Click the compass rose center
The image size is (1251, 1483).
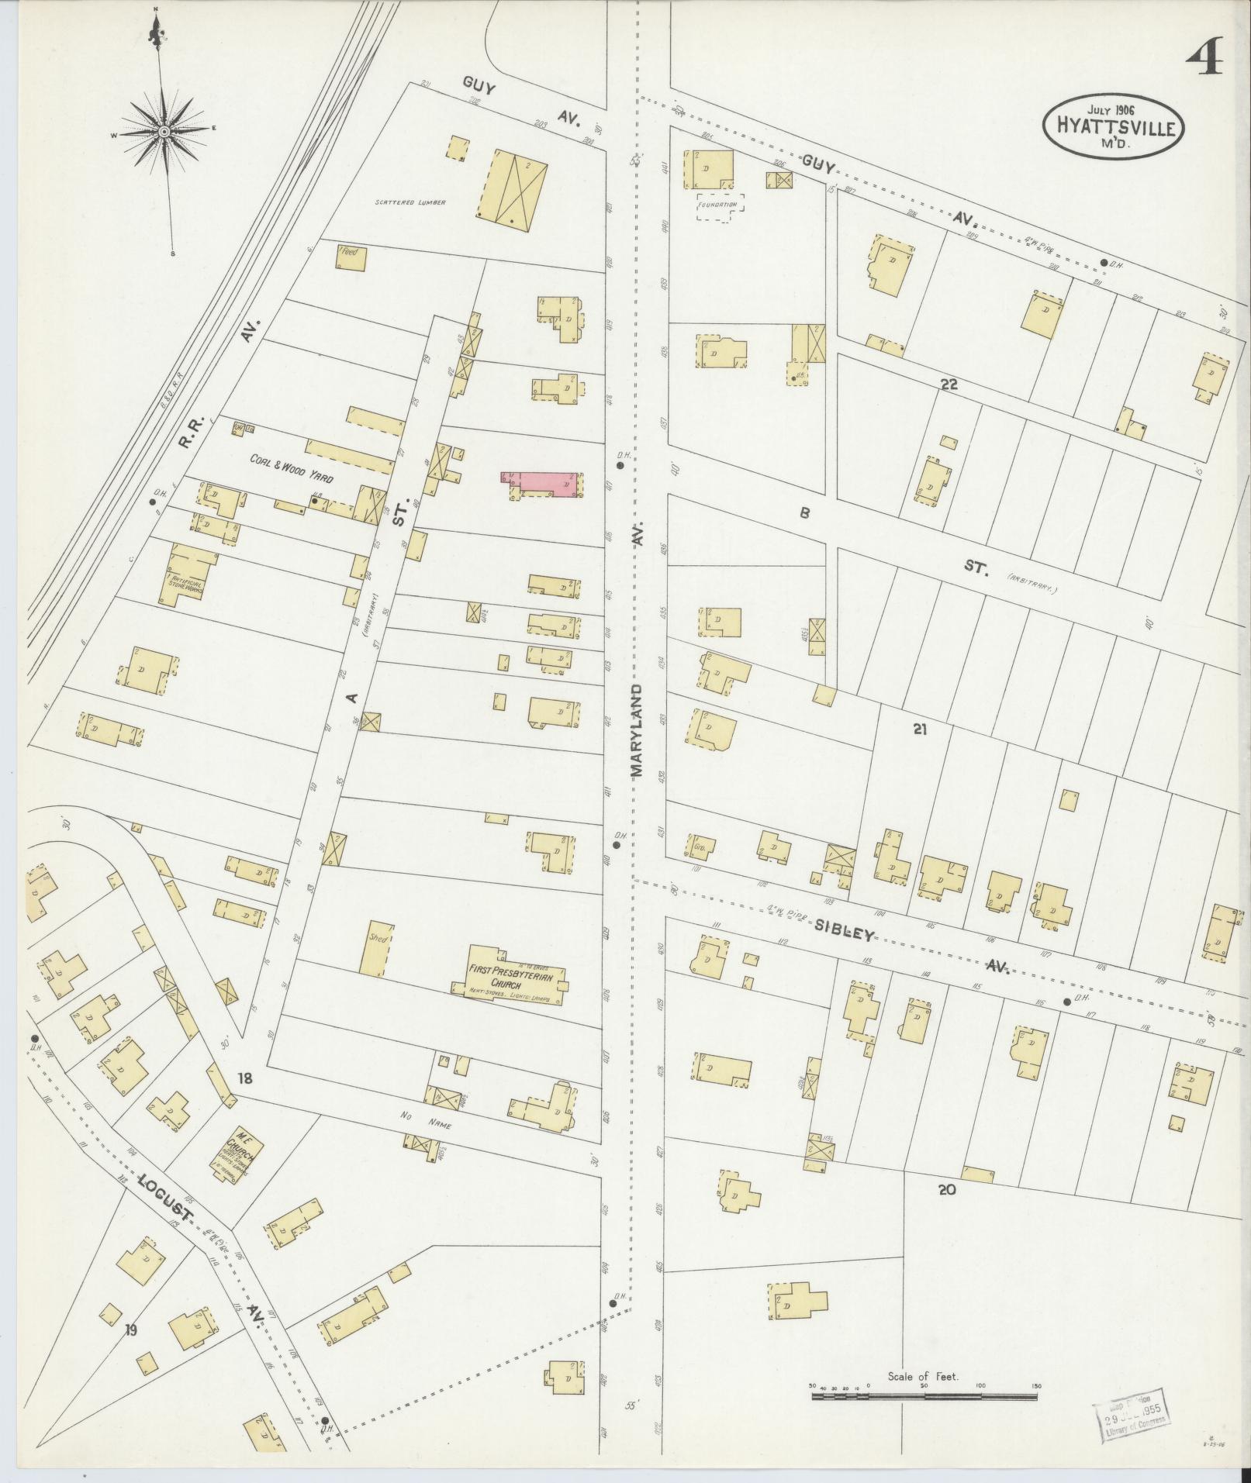[164, 133]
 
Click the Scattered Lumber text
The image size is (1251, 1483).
[410, 202]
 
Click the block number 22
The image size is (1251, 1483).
[949, 385]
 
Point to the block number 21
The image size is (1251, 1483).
[920, 729]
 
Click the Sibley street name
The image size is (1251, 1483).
[844, 930]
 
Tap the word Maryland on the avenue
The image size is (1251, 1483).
[637, 729]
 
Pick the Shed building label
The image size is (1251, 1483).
[377, 939]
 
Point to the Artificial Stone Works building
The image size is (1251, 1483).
[186, 575]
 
